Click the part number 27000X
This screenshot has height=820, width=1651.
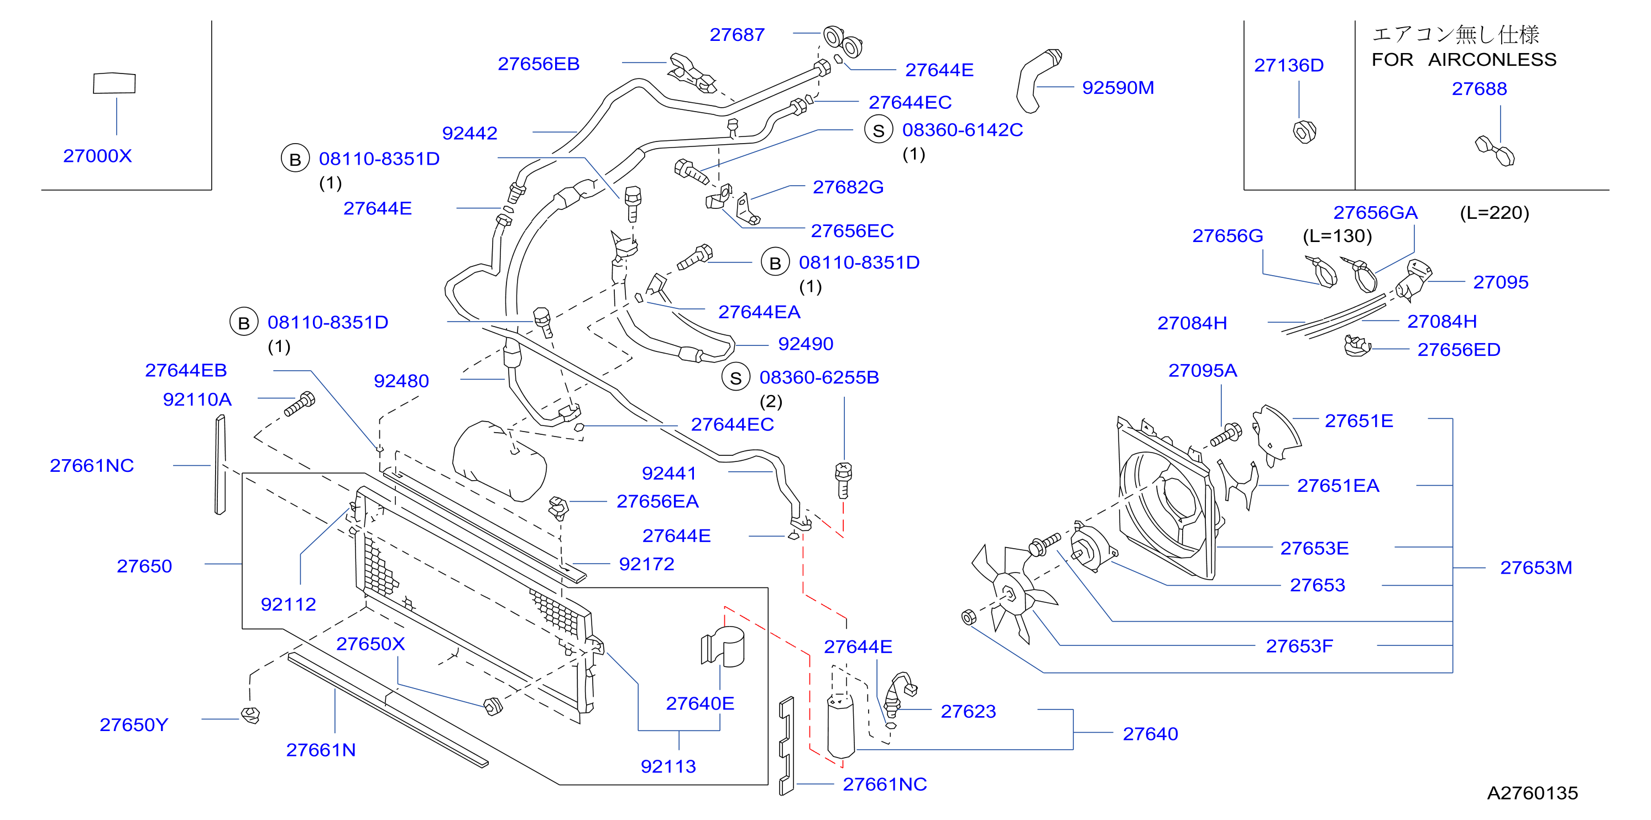tap(97, 156)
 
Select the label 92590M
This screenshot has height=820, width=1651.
tap(1118, 87)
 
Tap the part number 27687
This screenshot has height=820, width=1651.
tap(737, 35)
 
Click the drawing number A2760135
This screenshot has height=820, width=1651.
tap(1533, 793)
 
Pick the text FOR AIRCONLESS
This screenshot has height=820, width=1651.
tap(1464, 60)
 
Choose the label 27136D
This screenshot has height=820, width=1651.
tap(1289, 65)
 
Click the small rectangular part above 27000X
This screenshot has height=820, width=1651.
tap(114, 83)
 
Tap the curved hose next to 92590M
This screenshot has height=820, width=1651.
tap(1037, 80)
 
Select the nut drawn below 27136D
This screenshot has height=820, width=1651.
tap(1304, 132)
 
